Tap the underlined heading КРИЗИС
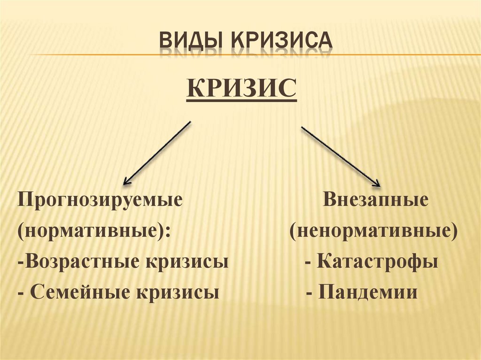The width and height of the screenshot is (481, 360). (241, 88)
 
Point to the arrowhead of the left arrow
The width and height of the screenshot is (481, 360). (126, 181)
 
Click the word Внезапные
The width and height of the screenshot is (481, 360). (376, 201)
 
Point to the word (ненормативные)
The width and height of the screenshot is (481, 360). (373, 231)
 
